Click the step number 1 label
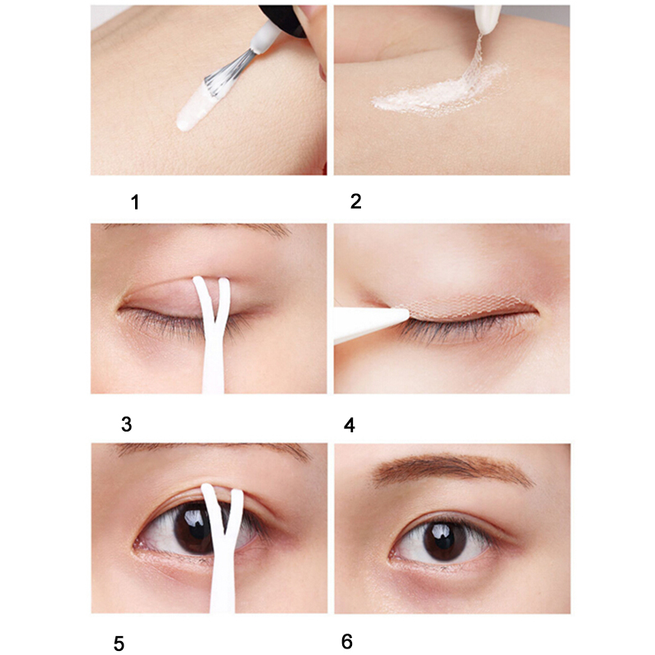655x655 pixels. [134, 202]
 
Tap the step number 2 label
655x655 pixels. [355, 201]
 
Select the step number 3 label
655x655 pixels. [127, 424]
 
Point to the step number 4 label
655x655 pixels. [350, 425]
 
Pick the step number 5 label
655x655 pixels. [119, 644]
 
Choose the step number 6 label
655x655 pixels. [347, 641]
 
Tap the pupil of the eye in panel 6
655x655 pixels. [445, 540]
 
